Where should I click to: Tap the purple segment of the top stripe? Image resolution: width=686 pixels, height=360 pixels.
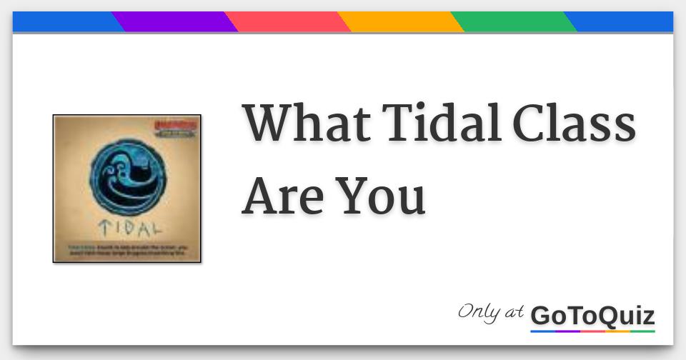point(174,21)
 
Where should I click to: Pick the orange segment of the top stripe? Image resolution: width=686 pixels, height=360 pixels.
point(400,21)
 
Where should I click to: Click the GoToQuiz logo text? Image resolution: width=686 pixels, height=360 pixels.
point(592,315)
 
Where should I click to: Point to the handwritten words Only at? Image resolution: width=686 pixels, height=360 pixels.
point(491,312)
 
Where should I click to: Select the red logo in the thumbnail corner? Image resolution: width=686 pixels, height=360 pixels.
point(179,127)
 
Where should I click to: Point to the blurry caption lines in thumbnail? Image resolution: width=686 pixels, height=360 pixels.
point(127,251)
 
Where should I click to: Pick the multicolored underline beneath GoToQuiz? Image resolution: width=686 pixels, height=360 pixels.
point(592,331)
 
